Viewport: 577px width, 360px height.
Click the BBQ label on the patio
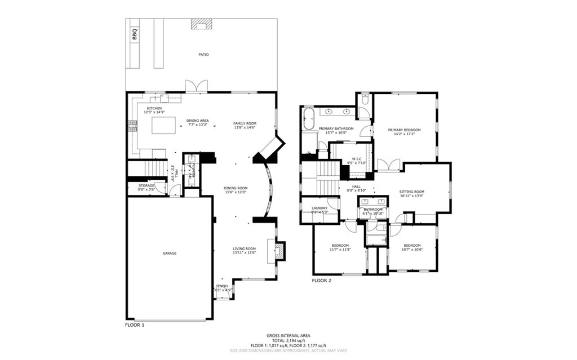135,34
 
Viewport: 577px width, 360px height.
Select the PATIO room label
203,55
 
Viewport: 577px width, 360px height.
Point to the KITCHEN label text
154,108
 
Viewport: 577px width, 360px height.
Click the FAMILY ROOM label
245,123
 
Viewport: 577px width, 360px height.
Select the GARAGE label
170,254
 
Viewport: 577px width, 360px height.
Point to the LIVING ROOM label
245,248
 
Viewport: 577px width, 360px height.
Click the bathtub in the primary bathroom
309,120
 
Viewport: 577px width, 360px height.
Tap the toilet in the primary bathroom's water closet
365,101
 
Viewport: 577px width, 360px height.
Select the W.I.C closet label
357,159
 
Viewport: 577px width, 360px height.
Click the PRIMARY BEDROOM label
404,130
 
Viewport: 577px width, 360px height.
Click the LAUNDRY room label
319,208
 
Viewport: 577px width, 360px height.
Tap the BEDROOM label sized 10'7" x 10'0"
412,245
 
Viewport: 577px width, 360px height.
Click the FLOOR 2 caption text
322,280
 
